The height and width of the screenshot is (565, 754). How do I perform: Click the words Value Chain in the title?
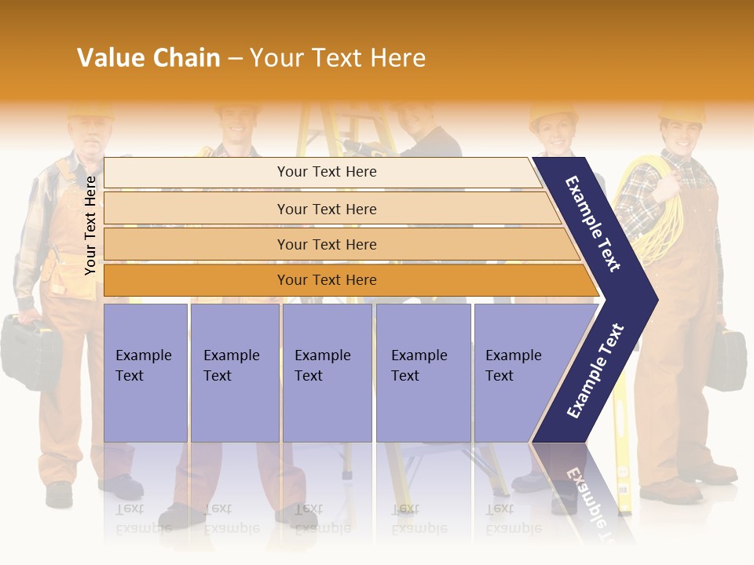click(148, 58)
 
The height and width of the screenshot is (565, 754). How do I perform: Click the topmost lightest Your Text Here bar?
click(326, 172)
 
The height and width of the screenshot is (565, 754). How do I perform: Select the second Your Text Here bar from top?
click(326, 209)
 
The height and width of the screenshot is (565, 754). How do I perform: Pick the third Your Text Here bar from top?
click(326, 244)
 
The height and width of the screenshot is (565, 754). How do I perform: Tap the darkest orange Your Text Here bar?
click(326, 280)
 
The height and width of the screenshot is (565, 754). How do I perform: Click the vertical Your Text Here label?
click(91, 226)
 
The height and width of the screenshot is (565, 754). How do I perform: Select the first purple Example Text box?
click(145, 372)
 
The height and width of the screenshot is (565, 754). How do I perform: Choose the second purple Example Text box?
click(234, 372)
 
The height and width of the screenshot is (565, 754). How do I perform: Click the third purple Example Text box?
click(326, 372)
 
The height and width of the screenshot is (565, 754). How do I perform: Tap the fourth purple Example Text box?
click(423, 372)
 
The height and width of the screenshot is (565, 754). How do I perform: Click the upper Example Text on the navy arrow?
click(594, 224)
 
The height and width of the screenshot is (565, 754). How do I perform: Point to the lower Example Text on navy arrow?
click(595, 370)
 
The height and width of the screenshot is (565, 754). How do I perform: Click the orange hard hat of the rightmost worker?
click(681, 112)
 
